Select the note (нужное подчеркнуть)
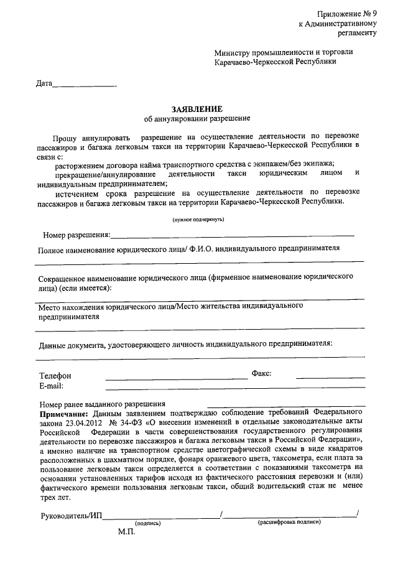(x=198, y=220)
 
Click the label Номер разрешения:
(x=76, y=235)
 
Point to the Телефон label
(x=55, y=376)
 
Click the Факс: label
(x=261, y=374)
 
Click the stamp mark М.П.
(x=127, y=533)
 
